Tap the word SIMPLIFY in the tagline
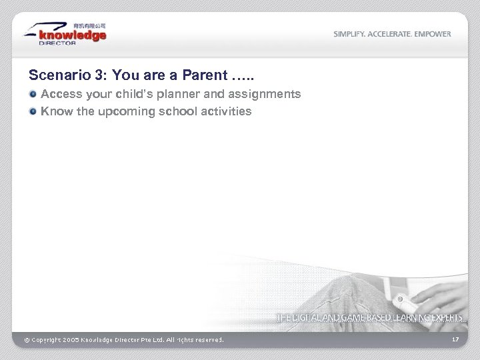[x=349, y=34]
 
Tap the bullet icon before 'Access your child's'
[x=33, y=95]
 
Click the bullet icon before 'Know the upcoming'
[x=33, y=111]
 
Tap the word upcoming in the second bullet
[x=126, y=111]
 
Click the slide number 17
[x=455, y=340]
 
